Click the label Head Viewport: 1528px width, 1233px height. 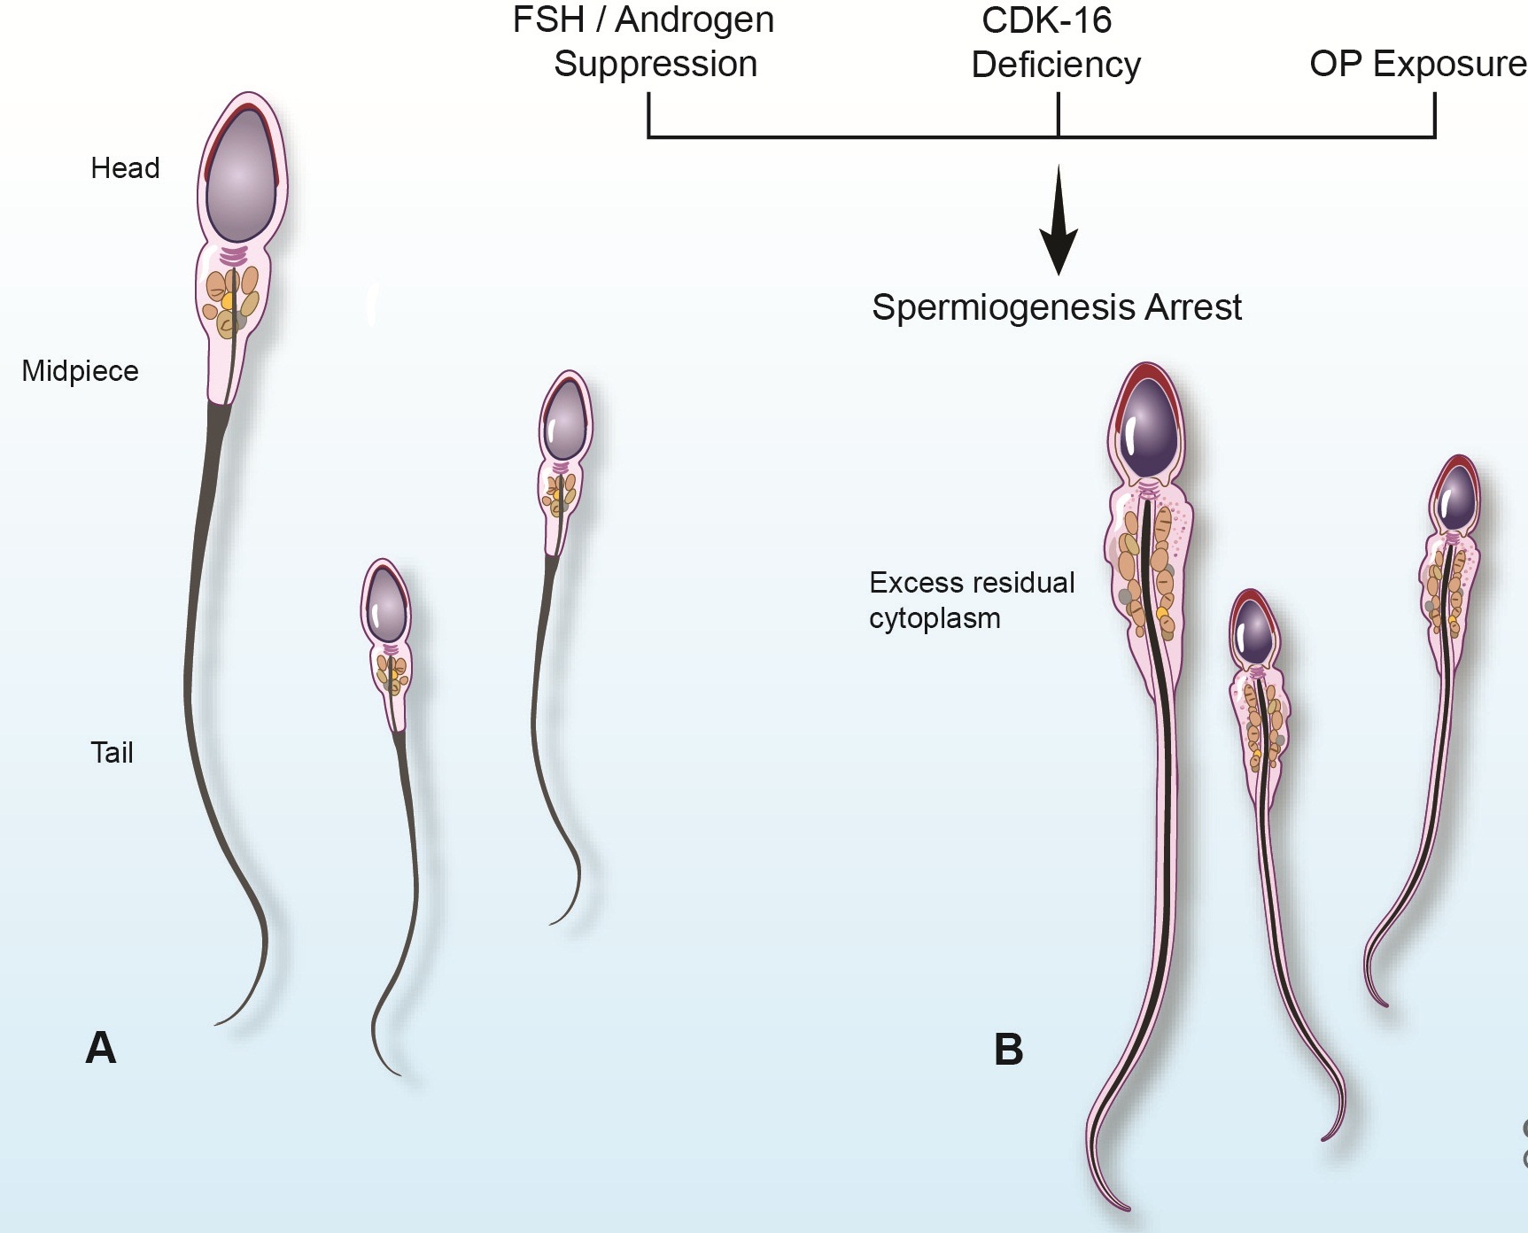[x=125, y=168]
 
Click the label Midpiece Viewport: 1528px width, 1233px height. [x=80, y=371]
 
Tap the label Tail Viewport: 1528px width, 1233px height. [x=112, y=753]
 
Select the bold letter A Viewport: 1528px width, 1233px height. [x=101, y=1048]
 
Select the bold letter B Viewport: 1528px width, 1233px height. [x=1009, y=1050]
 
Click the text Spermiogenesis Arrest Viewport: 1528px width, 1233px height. [x=1057, y=307]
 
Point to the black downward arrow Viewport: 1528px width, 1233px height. [x=1059, y=220]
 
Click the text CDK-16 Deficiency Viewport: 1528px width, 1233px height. [x=1054, y=43]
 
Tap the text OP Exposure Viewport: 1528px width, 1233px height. [x=1418, y=65]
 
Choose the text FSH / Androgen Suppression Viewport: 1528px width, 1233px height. [x=644, y=43]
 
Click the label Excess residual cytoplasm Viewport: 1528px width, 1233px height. [x=972, y=600]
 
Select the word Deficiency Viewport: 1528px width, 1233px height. [x=1056, y=66]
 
